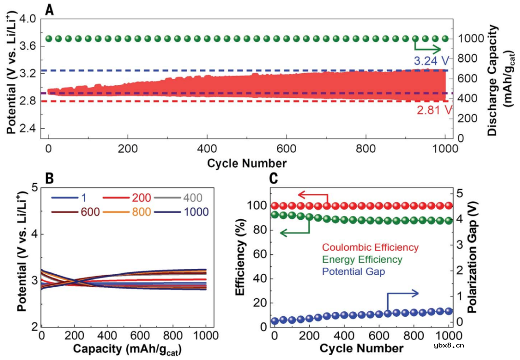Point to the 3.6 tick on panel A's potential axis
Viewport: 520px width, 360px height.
point(27,46)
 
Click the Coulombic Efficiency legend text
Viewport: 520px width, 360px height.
point(370,248)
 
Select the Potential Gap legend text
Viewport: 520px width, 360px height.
point(353,272)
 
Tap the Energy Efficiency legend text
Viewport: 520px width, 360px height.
point(362,260)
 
